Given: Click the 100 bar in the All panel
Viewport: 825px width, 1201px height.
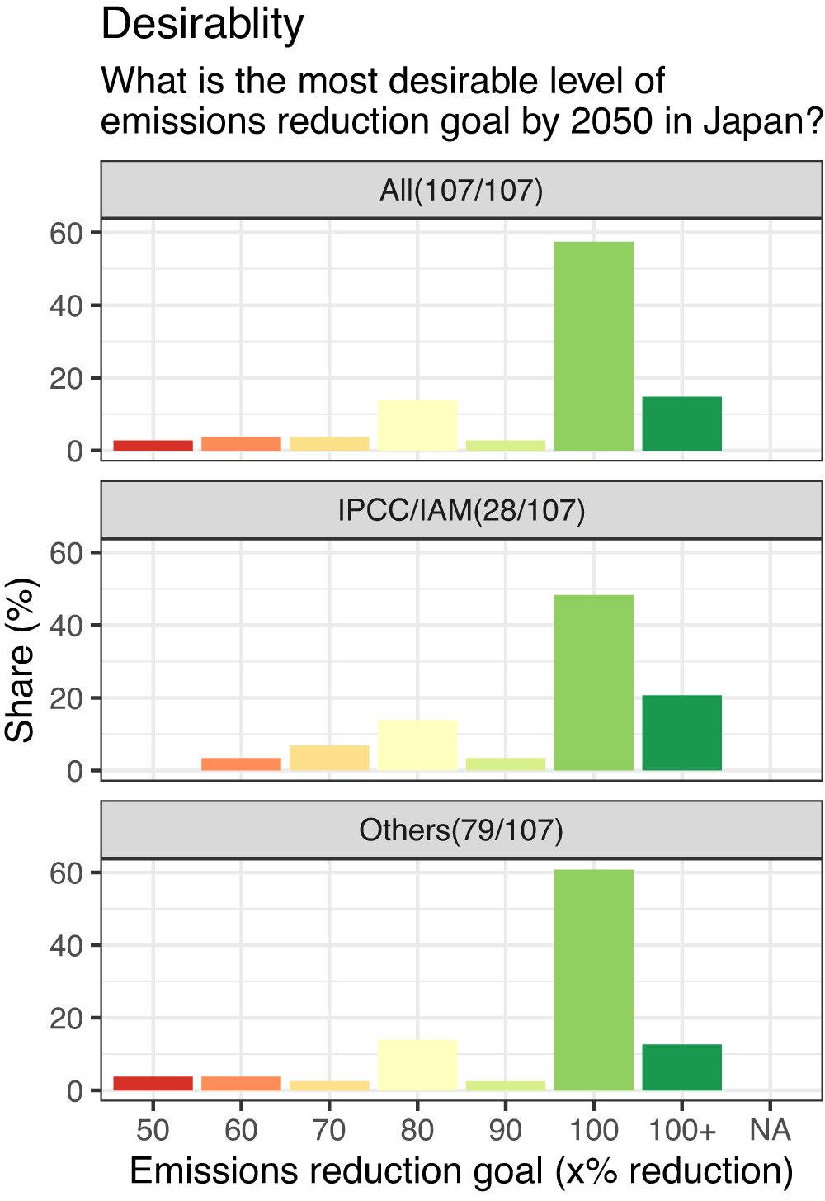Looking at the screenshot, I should [x=594, y=346].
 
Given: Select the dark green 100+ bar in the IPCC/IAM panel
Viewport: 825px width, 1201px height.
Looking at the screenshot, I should [x=682, y=733].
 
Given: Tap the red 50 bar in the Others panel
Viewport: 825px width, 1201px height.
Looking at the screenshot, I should [x=153, y=1083].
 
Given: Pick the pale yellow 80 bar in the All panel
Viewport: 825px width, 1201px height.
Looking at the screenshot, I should [x=417, y=425].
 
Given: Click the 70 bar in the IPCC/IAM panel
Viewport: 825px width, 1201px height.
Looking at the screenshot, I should [x=329, y=758].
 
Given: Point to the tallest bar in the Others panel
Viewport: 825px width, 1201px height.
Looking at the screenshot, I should [x=594, y=980].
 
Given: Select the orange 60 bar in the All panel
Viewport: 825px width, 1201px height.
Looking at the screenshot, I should [x=241, y=443].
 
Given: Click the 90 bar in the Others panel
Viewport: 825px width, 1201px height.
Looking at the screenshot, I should [x=506, y=1085].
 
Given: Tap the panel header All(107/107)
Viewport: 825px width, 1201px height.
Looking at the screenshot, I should [x=461, y=191].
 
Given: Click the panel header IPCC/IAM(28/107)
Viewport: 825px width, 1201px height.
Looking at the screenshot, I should [x=461, y=511].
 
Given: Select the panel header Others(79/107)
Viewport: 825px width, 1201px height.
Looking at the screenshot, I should [x=461, y=830].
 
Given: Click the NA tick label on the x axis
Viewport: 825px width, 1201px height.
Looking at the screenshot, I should [x=770, y=1130].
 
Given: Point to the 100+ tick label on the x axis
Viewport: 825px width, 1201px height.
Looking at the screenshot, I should [x=682, y=1130].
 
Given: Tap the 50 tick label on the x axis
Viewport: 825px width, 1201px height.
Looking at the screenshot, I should [x=153, y=1130].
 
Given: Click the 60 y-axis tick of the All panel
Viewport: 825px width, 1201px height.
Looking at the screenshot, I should [x=66, y=234].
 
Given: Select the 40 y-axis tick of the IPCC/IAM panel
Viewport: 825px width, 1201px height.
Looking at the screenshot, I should [x=66, y=626].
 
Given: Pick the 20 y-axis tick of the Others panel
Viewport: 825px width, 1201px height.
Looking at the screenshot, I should [x=66, y=1019].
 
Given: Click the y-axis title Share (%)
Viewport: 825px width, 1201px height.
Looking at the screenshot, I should [x=21, y=660].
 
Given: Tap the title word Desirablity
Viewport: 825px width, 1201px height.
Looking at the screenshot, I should [x=202, y=25].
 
